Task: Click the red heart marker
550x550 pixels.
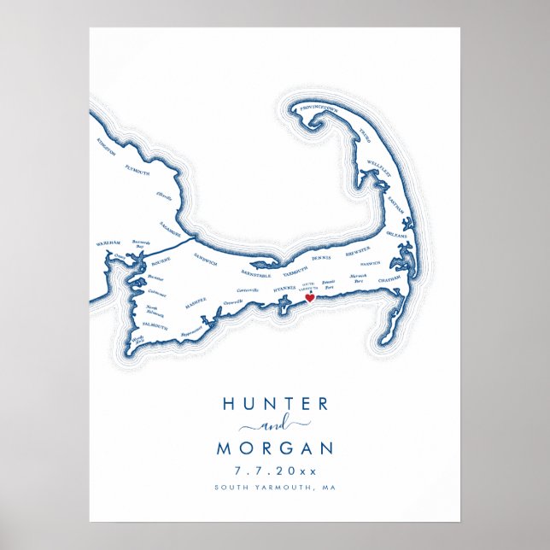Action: click(309, 299)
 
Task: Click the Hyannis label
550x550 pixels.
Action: click(284, 290)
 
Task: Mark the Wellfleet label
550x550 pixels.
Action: click(379, 162)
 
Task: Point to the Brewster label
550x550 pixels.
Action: click(357, 250)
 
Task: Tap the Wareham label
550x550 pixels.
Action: click(108, 243)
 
